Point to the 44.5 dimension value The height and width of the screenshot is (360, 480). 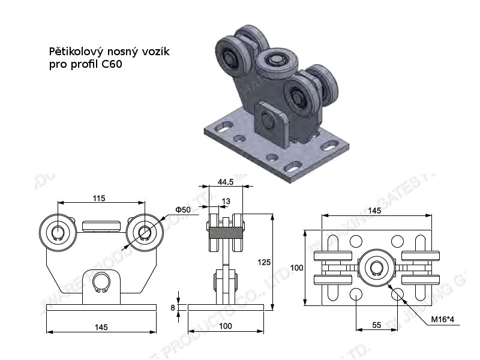226,181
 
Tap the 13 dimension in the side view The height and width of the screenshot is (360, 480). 226,200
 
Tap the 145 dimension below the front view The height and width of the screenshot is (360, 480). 100,327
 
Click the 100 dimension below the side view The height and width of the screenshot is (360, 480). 226,327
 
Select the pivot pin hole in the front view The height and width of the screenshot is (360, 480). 100,281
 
